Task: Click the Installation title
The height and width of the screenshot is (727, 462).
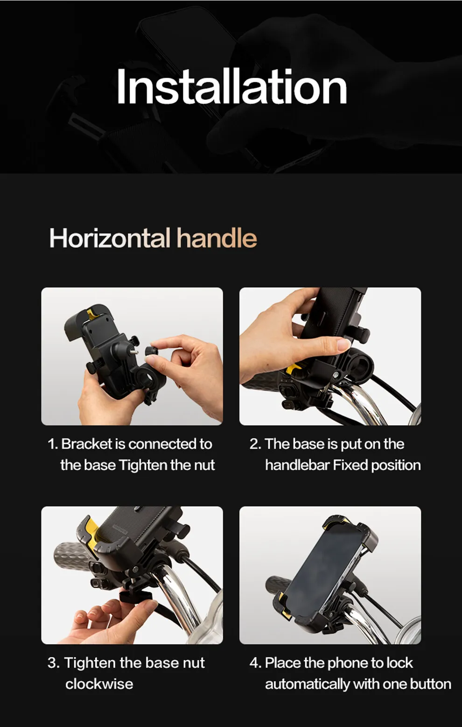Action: [231, 86]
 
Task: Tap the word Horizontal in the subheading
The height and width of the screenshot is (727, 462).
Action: [110, 238]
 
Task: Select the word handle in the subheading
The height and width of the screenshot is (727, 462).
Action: [217, 238]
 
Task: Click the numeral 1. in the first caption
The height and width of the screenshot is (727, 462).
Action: [53, 444]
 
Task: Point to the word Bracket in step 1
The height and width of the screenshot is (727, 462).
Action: [86, 444]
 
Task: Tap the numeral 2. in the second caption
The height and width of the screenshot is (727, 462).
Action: [255, 444]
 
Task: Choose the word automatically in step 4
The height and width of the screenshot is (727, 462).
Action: [308, 684]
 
